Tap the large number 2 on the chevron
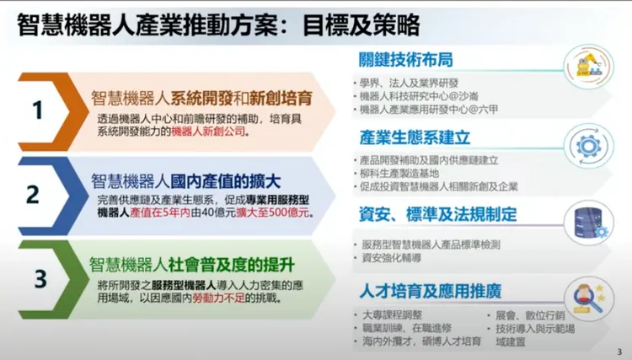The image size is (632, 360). click(x=34, y=195)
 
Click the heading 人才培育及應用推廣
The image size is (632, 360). click(x=431, y=291)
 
